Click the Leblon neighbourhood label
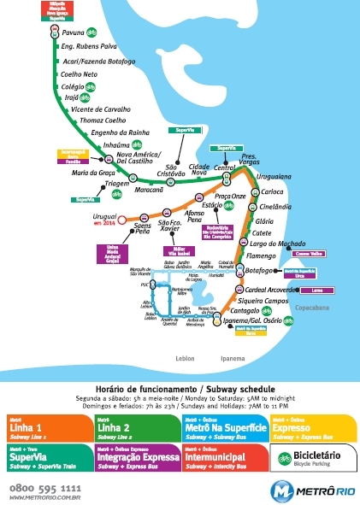pyautogui.click(x=185, y=358)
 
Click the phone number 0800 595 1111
pyautogui.click(x=45, y=487)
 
